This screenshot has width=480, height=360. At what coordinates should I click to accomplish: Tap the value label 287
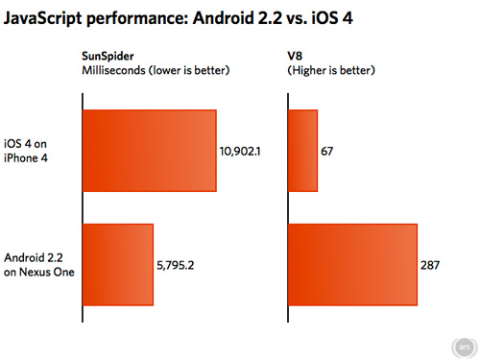click(x=430, y=266)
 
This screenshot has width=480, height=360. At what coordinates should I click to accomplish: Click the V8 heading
click(x=296, y=57)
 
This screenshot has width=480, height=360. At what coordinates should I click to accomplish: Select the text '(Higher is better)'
click(x=332, y=70)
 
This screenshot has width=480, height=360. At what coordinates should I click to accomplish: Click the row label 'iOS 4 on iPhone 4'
click(x=33, y=153)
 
